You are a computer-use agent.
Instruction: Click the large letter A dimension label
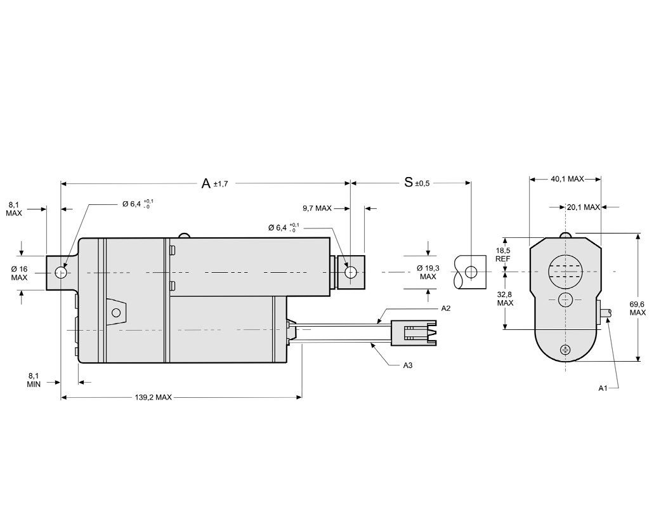click(206, 183)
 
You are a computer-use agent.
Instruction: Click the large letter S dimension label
click(409, 183)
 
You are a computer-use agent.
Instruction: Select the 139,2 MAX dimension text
click(154, 398)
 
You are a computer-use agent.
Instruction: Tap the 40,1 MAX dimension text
click(566, 179)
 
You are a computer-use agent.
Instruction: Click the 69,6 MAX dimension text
click(638, 308)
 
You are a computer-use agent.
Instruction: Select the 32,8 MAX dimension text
click(505, 298)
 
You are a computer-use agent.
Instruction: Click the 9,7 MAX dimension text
click(317, 208)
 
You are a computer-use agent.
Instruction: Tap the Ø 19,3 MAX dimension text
click(428, 272)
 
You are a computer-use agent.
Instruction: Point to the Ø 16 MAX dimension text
click(20, 273)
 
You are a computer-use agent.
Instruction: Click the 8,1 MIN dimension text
click(34, 380)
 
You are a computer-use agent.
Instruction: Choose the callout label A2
click(446, 308)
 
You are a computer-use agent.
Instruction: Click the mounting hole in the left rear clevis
click(61, 273)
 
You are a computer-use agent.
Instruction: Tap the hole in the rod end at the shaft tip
click(350, 272)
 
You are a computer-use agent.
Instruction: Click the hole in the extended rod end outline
click(470, 272)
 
